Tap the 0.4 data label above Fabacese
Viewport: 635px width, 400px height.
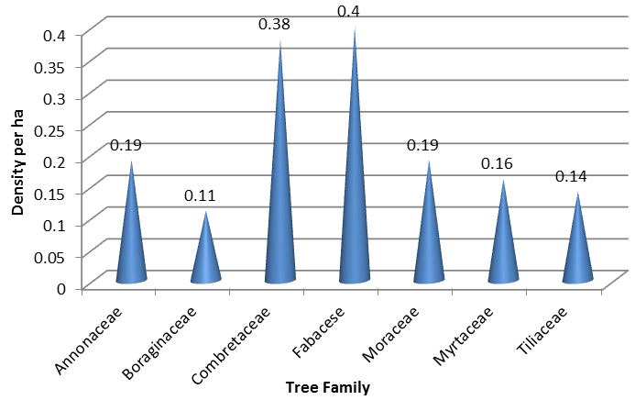coord(348,11)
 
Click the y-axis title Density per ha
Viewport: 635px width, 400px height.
coord(17,160)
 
